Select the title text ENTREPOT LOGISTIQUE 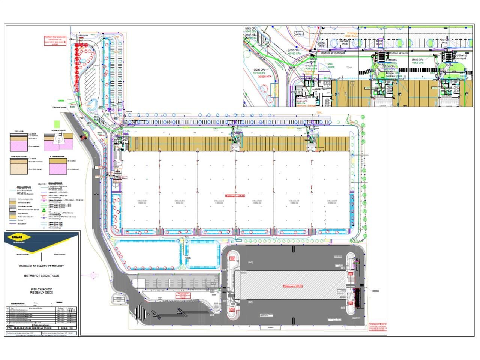(42, 276)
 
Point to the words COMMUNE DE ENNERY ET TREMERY (42, 266)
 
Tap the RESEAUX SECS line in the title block (42, 292)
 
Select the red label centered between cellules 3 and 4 (235, 196)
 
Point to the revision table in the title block (42, 317)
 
